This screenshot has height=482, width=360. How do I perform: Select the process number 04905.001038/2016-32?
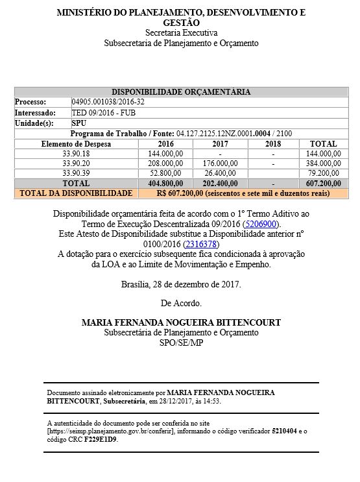(108, 102)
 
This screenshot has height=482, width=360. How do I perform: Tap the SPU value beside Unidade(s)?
(79, 123)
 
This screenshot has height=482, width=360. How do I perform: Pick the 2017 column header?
(220, 143)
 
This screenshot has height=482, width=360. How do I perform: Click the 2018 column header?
(273, 143)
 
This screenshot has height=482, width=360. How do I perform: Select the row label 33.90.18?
(76, 153)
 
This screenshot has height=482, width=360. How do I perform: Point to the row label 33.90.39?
(76, 173)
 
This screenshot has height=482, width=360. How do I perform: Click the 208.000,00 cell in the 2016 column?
(165, 163)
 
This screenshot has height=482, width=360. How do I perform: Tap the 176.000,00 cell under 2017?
(221, 163)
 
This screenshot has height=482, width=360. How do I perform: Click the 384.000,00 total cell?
(323, 163)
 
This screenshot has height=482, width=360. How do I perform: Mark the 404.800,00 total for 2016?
(165, 184)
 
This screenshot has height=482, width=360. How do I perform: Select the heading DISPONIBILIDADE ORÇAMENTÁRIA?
(181, 92)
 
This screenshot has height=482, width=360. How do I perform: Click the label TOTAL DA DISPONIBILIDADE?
(76, 193)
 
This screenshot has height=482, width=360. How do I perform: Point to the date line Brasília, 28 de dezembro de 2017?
(181, 284)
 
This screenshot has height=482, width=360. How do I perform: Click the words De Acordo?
(181, 303)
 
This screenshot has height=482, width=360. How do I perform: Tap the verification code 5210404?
(285, 430)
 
